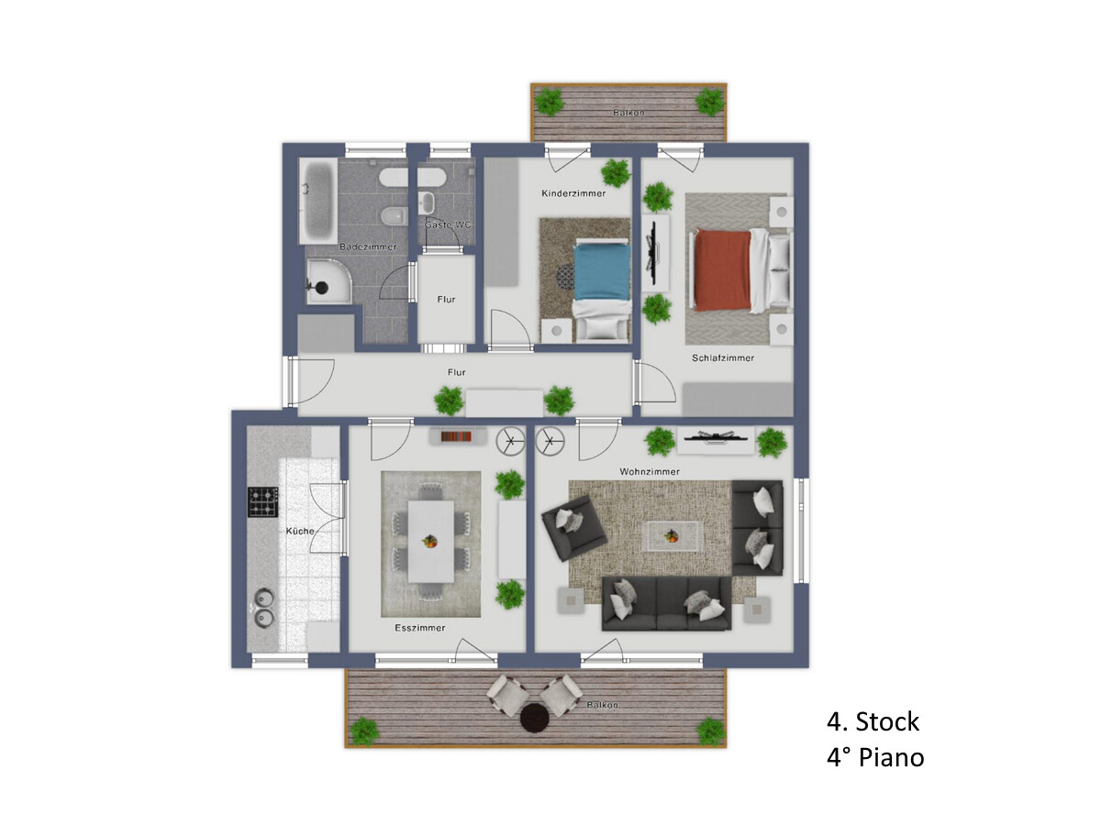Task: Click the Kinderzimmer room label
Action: (x=573, y=193)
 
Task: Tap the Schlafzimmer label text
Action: (x=723, y=358)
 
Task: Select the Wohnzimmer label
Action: (x=650, y=472)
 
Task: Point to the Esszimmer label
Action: (x=420, y=628)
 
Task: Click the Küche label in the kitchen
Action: (x=300, y=531)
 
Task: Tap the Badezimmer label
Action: (x=368, y=247)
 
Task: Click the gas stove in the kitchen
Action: (x=262, y=502)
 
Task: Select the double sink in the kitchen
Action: (x=264, y=608)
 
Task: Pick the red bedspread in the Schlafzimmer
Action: (x=722, y=270)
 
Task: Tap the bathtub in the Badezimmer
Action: (x=318, y=202)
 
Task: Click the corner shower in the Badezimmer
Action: (x=328, y=280)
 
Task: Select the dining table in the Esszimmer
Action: (x=431, y=542)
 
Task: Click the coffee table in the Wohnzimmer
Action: (x=673, y=537)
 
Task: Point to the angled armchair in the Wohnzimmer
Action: (x=574, y=528)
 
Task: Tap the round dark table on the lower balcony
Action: (x=535, y=718)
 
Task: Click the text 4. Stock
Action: (x=873, y=721)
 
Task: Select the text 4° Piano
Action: (x=875, y=757)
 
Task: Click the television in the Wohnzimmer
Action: (x=715, y=436)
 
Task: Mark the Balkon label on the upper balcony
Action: (x=628, y=113)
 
